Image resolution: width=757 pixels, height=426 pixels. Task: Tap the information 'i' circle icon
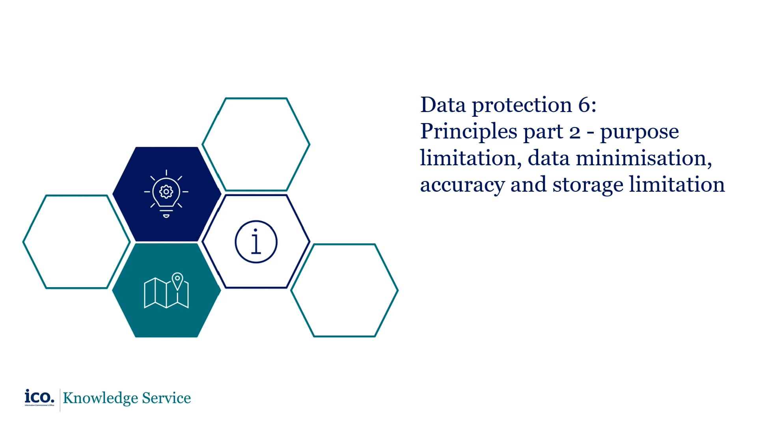point(256,242)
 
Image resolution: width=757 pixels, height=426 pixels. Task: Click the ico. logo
point(39,396)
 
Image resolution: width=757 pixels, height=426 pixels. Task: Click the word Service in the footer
point(166,398)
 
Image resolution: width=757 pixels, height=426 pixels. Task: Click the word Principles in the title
point(468,132)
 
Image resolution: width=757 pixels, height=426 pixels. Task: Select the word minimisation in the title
point(643,158)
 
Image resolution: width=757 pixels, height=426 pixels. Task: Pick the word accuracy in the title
point(462,185)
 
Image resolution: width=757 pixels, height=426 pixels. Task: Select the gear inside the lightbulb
point(166,192)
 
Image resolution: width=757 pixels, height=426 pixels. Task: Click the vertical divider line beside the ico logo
point(60,400)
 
